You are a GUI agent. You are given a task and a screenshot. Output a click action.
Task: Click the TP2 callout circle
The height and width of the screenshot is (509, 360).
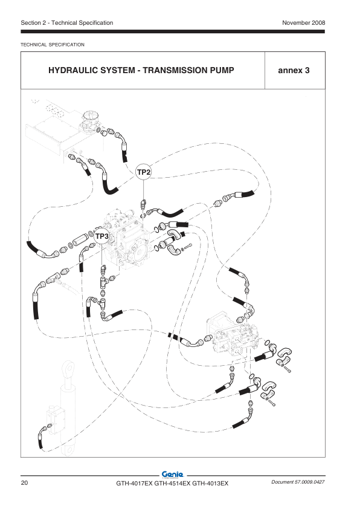pos(143,172)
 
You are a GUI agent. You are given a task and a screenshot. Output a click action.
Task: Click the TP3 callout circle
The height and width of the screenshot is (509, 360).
pos(102,236)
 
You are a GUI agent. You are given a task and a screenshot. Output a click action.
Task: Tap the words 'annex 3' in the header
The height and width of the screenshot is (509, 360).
pos(294,71)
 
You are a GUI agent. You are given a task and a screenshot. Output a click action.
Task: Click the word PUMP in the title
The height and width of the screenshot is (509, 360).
pos(222,71)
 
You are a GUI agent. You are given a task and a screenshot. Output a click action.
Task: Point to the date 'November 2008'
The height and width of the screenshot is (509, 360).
pos(304,23)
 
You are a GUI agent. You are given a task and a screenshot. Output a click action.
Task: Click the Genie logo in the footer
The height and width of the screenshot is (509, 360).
pos(173,475)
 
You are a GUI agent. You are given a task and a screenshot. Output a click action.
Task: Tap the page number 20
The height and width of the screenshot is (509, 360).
pos(24,483)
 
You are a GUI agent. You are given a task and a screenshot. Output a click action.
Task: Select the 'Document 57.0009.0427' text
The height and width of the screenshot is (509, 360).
pos(298,482)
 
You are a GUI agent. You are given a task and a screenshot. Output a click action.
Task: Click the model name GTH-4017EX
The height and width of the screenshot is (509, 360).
pos(134,484)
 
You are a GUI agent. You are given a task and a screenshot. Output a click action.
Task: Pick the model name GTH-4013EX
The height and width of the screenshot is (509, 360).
pos(210,484)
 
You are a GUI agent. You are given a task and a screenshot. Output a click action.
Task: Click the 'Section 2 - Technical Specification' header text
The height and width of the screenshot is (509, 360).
pos(67,23)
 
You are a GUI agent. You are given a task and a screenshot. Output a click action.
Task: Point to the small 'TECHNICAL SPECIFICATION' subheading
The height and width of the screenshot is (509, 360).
pos(53,45)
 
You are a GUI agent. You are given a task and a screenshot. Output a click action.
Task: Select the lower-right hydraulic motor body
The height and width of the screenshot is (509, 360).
pos(232,334)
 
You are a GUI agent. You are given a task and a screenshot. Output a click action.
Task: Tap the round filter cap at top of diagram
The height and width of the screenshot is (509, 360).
pos(90,117)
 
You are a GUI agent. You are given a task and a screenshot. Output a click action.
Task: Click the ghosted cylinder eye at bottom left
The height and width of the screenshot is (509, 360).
pos(68,368)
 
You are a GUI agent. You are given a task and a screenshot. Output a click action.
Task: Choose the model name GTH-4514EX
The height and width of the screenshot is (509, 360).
pos(172,484)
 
